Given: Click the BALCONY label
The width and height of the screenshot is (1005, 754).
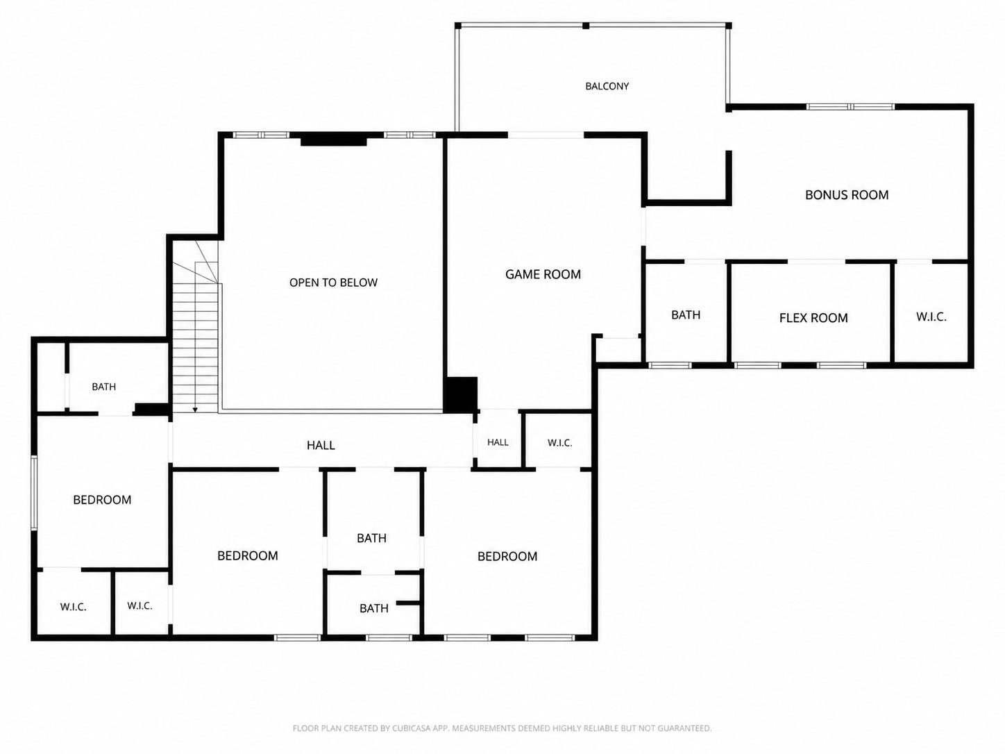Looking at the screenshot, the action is pos(607,86).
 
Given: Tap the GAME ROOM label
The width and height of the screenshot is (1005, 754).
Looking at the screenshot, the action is pos(543,274).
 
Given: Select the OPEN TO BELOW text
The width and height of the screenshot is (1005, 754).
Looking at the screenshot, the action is pos(333,283).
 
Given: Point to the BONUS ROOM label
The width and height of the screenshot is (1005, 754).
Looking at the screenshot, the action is pos(847,195).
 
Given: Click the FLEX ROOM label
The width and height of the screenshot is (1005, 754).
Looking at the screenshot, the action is pos(813,318).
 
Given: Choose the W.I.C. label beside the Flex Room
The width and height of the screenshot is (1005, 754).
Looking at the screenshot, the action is pos(931,317).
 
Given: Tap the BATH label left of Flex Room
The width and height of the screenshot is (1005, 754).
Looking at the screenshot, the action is pos(686,315).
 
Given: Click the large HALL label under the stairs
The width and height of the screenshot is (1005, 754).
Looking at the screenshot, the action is pos(321,445).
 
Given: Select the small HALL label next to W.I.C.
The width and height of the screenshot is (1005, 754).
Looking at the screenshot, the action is pos(498,442).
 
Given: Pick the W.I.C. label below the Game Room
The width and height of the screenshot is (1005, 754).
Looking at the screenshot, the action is pos(559,443).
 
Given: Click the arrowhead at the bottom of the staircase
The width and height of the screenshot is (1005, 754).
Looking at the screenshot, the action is pos(195,410).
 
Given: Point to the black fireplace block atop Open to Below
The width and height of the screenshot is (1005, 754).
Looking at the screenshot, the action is pos(333,139).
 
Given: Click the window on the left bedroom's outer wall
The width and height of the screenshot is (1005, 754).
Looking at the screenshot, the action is pos(33,493).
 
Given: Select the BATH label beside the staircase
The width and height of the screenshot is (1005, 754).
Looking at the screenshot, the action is pos(104,387).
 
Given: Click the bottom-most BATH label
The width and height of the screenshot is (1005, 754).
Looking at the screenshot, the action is pos(373,608).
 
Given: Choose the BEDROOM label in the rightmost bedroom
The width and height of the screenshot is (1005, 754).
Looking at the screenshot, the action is pos(507,556).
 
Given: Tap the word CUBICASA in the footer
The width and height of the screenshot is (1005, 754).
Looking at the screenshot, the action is pos(412,728).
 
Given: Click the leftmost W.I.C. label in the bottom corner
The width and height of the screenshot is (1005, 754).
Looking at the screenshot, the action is pos(74,607).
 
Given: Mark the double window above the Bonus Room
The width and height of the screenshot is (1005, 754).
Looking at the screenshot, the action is pos(850,107).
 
